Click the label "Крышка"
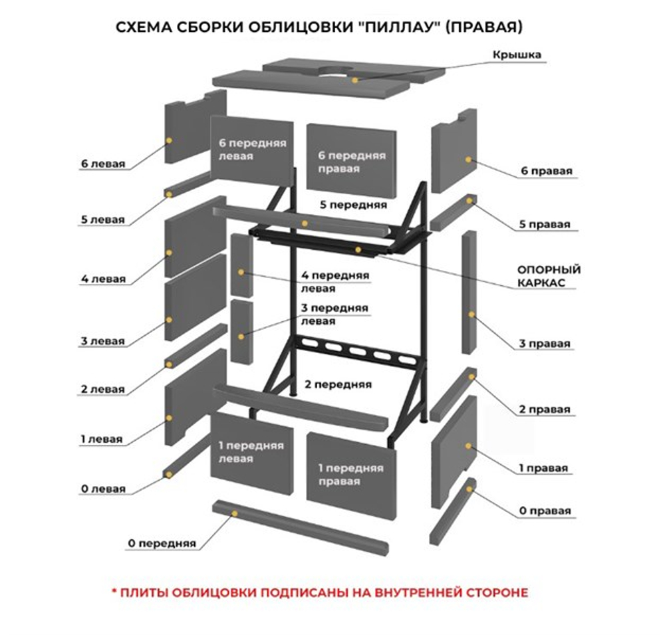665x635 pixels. click(517, 55)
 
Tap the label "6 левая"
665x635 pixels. click(103, 164)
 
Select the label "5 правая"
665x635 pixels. click(545, 224)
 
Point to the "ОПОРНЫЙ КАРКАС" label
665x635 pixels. click(549, 276)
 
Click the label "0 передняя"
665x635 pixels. click(162, 543)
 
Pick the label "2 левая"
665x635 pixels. click(102, 389)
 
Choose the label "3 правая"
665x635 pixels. click(545, 344)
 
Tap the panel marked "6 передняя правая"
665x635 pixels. click(351, 161)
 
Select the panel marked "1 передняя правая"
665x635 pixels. click(351, 475)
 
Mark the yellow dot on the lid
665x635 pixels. click(354, 80)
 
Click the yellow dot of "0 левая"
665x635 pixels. click(169, 474)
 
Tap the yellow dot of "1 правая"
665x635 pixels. click(468, 445)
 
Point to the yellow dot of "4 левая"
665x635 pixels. click(169, 253)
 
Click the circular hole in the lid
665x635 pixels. click(335, 71)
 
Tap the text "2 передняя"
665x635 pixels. click(338, 384)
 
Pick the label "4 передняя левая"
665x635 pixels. click(335, 282)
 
